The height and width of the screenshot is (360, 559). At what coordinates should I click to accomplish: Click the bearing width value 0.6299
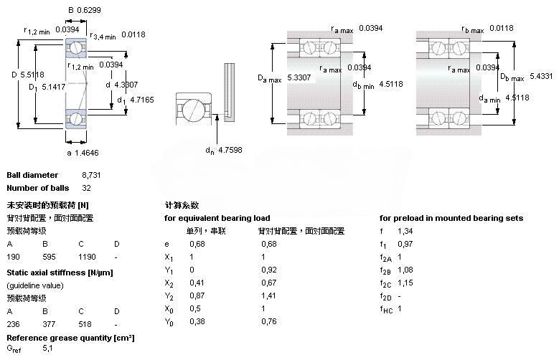[89, 10]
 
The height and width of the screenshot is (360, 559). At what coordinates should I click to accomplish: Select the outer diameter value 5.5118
[32, 75]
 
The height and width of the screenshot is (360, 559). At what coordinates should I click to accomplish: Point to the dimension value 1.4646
[87, 153]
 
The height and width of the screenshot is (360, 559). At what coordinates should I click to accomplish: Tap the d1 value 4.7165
[142, 100]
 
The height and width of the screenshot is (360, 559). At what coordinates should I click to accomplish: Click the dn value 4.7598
[230, 150]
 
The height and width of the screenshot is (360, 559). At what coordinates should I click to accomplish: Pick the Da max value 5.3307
[299, 77]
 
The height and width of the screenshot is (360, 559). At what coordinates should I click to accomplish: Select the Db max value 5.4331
[541, 76]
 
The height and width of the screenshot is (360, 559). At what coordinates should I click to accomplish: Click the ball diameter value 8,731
[91, 175]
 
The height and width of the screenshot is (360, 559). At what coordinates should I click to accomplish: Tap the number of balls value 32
[86, 188]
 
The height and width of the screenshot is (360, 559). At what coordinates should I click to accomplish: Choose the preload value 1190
[87, 257]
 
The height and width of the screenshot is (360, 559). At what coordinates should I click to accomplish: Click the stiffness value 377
[49, 324]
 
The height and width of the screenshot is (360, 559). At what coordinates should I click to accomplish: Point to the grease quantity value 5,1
[47, 348]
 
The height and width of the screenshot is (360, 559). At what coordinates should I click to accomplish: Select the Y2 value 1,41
[268, 295]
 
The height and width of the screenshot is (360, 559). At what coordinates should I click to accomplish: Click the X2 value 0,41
[197, 283]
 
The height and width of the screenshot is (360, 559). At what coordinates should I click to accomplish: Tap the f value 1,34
[405, 231]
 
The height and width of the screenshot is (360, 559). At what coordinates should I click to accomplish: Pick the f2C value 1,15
[405, 283]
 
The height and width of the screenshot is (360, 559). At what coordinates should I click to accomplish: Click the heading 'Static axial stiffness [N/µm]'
[60, 273]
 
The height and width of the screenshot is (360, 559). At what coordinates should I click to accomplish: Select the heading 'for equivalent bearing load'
[217, 218]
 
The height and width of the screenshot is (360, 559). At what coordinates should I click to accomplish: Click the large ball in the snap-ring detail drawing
[193, 109]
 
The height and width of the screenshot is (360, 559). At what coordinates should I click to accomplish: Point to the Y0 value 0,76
[269, 321]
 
